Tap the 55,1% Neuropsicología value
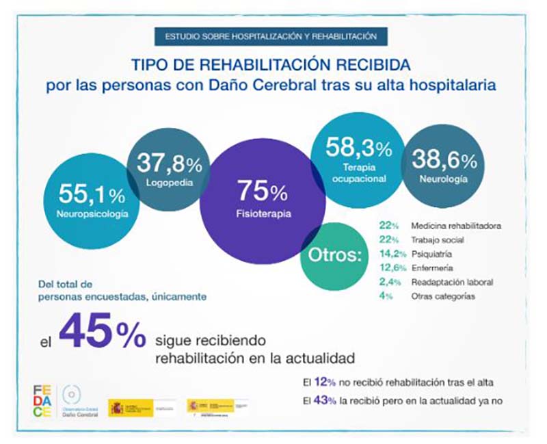pos(92,195)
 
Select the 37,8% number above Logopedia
pos(169,164)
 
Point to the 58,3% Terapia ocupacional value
pos(358,147)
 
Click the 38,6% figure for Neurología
pos(443,161)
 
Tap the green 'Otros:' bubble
pos(334,256)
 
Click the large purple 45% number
pos(102,333)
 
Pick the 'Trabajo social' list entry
pos(438,240)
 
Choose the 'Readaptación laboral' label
pos(451,282)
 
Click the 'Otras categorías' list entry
pos(442,296)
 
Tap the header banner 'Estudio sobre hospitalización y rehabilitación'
pos(271,36)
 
